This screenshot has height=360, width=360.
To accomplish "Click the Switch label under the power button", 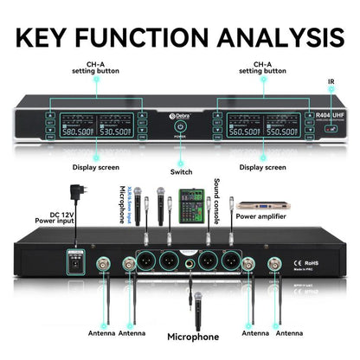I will [x=181, y=172].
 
